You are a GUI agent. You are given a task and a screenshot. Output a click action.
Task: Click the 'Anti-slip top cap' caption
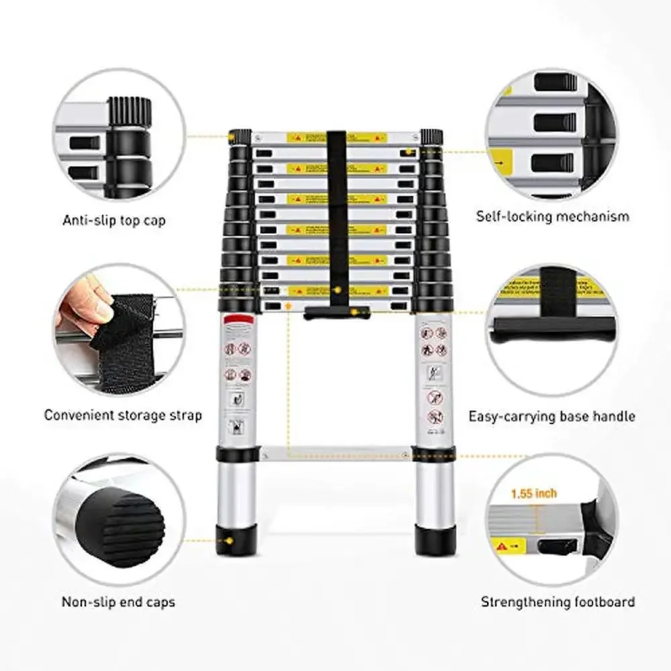113,220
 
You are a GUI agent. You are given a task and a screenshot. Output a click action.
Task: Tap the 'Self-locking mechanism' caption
553,217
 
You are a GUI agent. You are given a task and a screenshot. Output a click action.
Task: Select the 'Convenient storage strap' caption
123,415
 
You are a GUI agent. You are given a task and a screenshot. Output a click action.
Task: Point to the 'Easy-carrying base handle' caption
552,417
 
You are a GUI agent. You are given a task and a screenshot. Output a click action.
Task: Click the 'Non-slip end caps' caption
118,602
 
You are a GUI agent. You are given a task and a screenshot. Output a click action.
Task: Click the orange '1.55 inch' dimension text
533,493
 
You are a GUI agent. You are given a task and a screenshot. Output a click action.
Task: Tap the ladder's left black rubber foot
236,540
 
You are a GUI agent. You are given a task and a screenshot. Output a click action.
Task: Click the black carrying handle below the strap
336,313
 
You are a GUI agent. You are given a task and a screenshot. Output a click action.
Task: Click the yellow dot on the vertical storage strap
338,289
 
